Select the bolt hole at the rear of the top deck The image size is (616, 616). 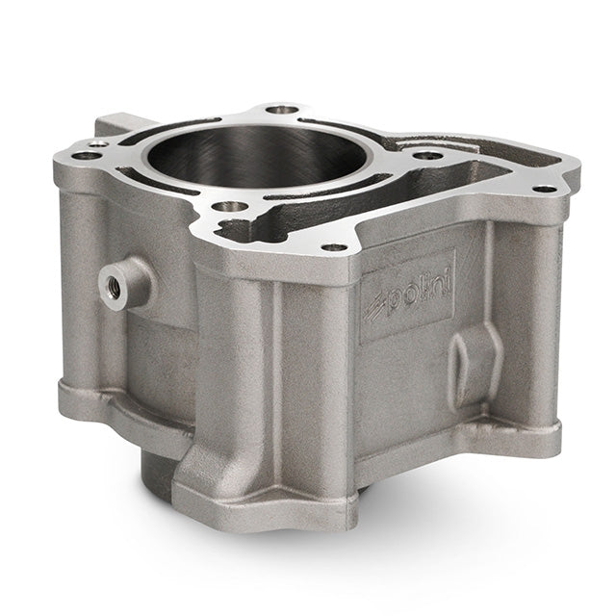tap(281, 109)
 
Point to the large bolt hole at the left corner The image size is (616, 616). tap(87, 156)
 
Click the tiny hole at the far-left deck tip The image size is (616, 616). tap(98, 144)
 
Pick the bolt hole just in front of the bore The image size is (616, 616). tap(230, 206)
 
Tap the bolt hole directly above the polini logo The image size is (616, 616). tap(334, 247)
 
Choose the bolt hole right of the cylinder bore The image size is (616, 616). tap(428, 156)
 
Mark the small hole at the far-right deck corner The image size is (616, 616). tap(545, 190)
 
